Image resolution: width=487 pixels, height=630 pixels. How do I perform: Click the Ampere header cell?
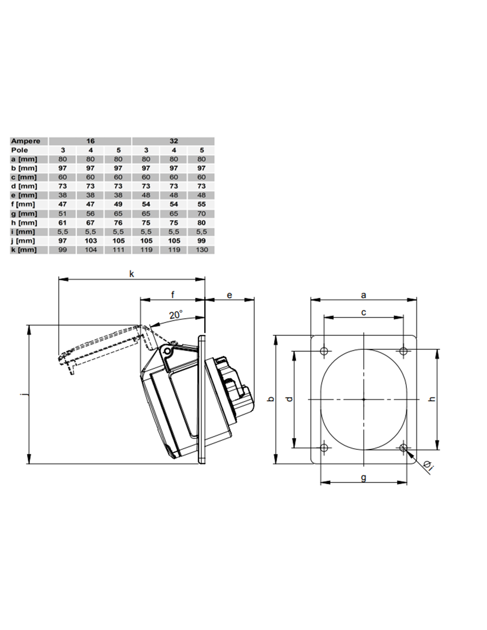[25, 141]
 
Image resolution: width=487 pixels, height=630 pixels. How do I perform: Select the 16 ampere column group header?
[90, 141]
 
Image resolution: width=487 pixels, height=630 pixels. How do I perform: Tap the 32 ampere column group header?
[174, 141]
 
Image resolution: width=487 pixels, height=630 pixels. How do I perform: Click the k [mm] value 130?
[201, 249]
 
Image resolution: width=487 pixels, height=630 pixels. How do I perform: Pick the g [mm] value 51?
[62, 214]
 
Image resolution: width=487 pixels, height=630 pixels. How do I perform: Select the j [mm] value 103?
[90, 241]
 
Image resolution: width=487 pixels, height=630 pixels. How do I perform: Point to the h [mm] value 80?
[201, 223]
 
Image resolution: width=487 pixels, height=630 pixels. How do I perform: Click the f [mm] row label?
[23, 204]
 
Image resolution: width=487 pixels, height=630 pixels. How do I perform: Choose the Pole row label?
[19, 150]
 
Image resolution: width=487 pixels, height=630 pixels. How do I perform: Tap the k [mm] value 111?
[118, 249]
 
